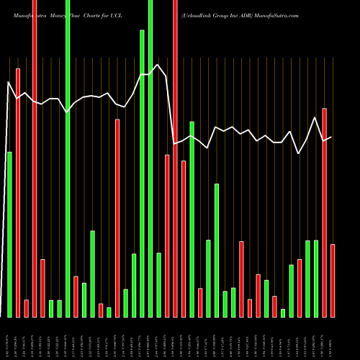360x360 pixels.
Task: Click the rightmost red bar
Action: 333,281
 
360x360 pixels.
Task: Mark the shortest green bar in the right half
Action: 283,312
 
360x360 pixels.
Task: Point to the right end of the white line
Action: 331,137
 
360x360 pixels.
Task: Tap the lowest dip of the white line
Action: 300,153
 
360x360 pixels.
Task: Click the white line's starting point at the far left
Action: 9,83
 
